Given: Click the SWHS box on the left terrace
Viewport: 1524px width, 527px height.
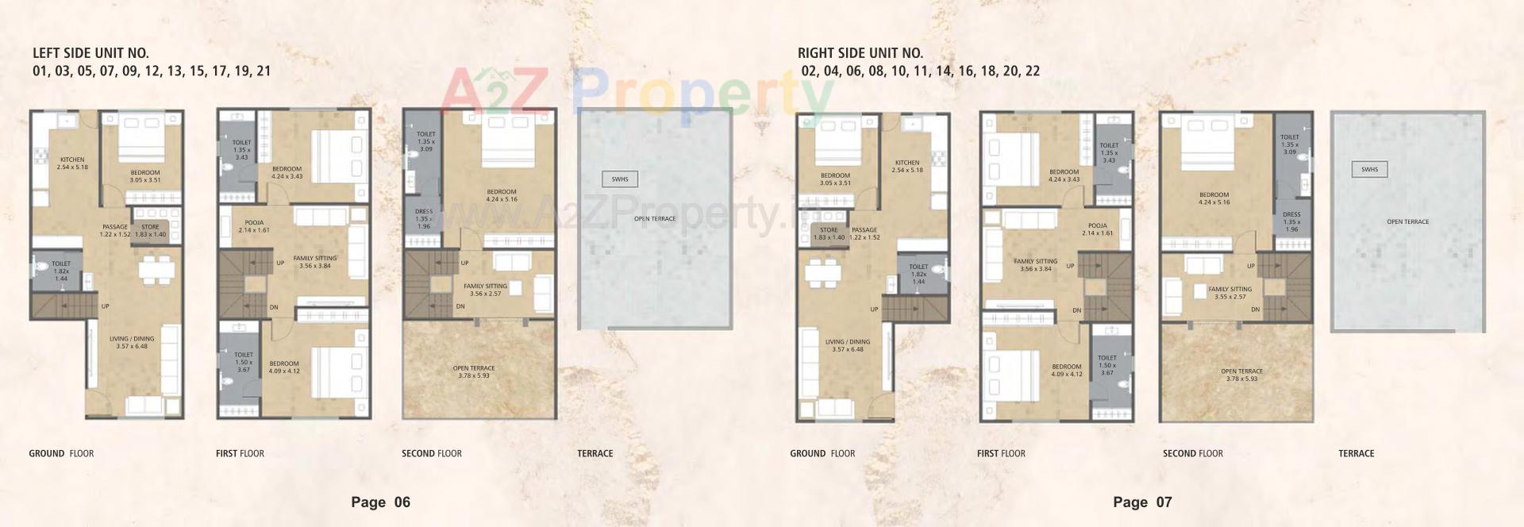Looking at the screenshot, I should click(x=619, y=179).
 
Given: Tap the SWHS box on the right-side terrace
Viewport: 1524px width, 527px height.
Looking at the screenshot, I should click(x=1369, y=169).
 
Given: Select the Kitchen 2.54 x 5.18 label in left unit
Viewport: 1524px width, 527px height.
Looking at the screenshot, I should click(x=72, y=163).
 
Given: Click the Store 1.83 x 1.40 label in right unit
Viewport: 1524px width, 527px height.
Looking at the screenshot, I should click(x=829, y=233).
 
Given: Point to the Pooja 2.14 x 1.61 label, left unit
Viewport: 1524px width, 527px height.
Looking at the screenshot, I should click(x=254, y=226).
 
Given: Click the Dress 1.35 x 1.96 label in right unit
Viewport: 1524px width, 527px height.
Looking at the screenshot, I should click(x=1291, y=221).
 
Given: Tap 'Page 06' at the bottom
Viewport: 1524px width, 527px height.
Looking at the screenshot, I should click(x=381, y=502).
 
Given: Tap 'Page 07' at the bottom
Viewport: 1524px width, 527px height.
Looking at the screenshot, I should click(x=1142, y=502).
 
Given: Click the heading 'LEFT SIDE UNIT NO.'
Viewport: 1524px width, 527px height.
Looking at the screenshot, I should click(x=90, y=53).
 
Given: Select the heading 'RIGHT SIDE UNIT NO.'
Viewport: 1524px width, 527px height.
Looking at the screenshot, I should click(x=860, y=53).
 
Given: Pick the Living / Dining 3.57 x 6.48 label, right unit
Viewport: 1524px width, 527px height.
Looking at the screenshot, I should click(x=848, y=345).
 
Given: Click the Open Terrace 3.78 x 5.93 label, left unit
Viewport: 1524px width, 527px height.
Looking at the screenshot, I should click(x=474, y=371).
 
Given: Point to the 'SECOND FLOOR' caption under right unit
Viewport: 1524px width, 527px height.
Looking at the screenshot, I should click(x=1192, y=453).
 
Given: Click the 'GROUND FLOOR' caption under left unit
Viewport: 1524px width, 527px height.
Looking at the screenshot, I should click(x=61, y=453).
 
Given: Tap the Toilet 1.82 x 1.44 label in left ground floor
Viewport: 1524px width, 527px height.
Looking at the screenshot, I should click(x=61, y=271).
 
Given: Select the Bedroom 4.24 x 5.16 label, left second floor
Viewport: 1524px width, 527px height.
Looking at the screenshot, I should click(x=502, y=195).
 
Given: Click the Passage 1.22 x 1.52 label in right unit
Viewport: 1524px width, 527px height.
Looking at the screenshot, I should click(x=864, y=233).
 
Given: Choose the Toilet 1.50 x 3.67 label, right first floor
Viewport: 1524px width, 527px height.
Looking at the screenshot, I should click(x=1106, y=365).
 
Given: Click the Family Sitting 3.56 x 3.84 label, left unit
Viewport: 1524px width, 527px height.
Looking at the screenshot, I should click(x=315, y=262).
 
